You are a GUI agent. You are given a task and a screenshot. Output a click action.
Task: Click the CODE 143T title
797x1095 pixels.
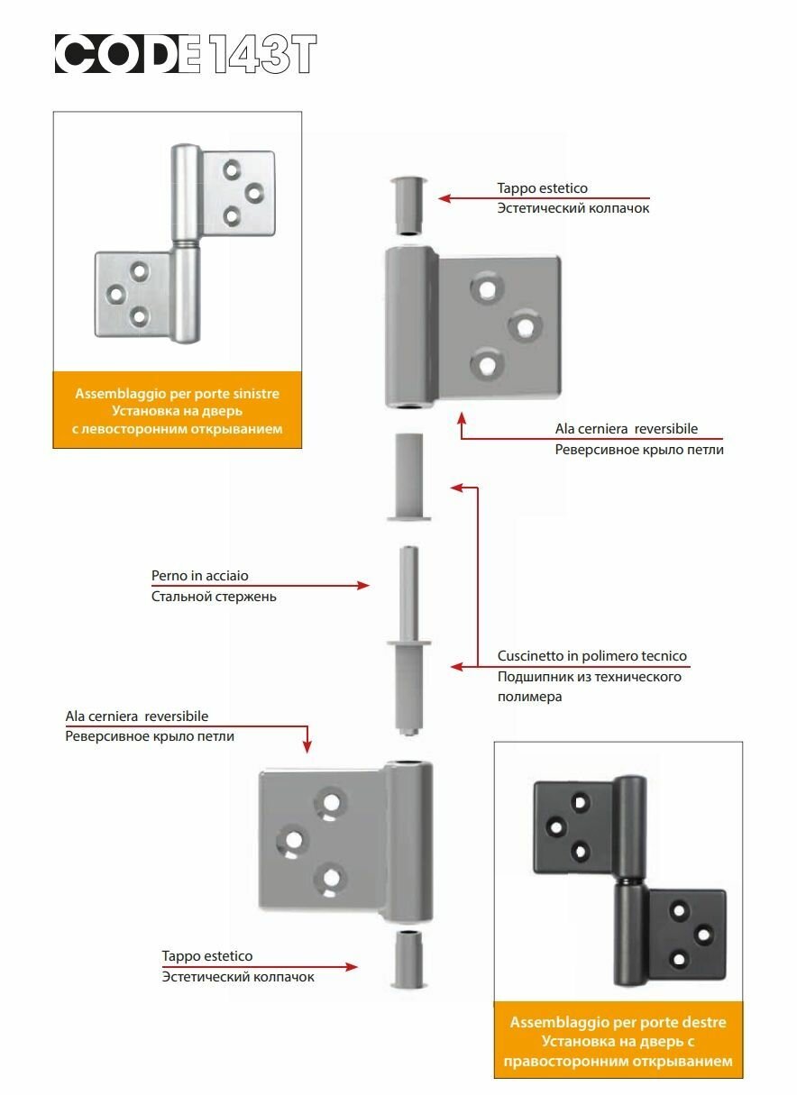[186, 54]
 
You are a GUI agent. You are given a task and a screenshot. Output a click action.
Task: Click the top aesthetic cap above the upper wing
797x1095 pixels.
[408, 205]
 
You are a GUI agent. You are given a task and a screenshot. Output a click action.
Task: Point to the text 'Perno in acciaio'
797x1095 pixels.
[199, 575]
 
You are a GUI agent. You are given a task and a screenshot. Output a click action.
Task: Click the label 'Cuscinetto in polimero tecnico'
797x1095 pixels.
[591, 656]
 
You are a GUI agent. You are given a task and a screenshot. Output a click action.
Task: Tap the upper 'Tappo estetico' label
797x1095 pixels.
[542, 188]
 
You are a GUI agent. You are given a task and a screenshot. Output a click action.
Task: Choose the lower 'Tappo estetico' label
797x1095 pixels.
[206, 955]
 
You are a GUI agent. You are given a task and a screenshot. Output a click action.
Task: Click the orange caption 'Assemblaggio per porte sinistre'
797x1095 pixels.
[177, 394]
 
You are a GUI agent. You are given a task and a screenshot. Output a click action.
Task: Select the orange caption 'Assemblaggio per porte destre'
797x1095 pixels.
[618, 1022]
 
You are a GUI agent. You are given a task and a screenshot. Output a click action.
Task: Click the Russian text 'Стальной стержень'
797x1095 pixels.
[213, 596]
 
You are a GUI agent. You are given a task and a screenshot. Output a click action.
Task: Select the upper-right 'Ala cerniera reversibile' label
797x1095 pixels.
[626, 429]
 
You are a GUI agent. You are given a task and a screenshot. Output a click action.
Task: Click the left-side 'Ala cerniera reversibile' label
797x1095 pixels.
[137, 716]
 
